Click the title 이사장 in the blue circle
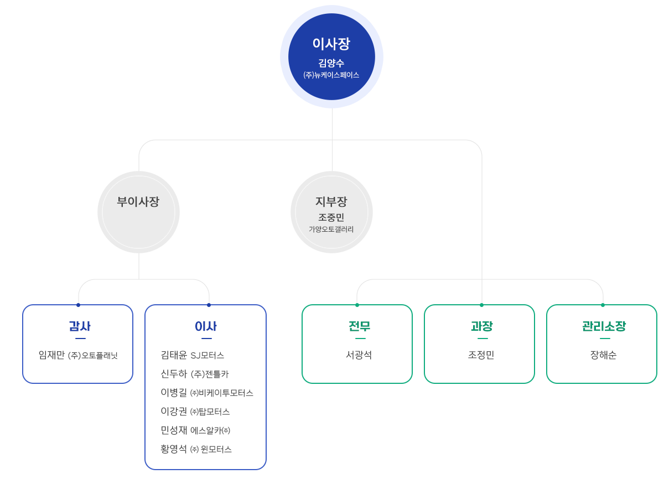[x=331, y=44]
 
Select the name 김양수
[x=331, y=63]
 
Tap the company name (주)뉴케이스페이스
[x=331, y=75]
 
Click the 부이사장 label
[x=138, y=202]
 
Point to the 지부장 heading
[x=331, y=202]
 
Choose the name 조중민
[x=331, y=217]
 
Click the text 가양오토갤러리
[x=331, y=230]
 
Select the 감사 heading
[x=80, y=326]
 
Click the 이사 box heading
[x=205, y=326]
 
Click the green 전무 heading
[x=359, y=326]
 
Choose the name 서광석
[x=359, y=355]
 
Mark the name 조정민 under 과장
[x=481, y=355]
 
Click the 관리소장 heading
[x=604, y=326]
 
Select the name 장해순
[x=604, y=355]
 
